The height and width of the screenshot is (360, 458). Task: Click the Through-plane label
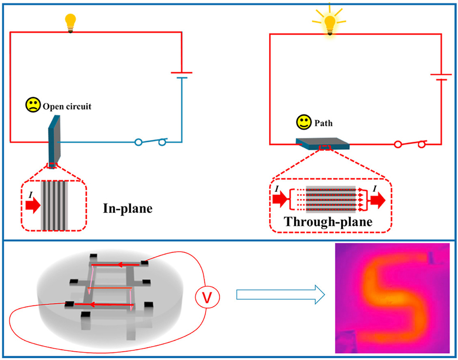(x=329, y=222)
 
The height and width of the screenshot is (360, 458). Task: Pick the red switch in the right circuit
(x=410, y=144)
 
